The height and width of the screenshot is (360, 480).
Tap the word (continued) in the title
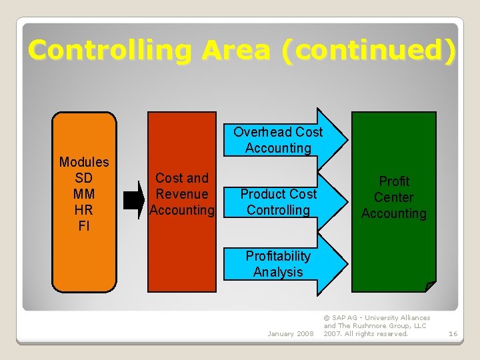(x=368, y=50)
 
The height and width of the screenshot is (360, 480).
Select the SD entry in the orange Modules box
(x=84, y=178)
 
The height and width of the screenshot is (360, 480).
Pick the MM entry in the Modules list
(x=84, y=194)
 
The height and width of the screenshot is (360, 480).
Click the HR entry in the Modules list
(x=84, y=210)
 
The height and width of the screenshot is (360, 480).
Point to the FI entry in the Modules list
(x=84, y=226)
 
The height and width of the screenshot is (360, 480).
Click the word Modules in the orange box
(x=84, y=162)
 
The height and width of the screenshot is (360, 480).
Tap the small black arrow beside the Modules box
(x=134, y=200)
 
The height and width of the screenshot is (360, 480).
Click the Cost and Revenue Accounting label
(x=182, y=194)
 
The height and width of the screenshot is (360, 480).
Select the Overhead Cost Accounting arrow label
(x=278, y=140)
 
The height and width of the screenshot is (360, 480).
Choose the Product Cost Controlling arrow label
(x=278, y=202)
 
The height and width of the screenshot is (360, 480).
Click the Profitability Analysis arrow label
(x=278, y=264)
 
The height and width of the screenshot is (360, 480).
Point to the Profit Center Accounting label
(x=393, y=197)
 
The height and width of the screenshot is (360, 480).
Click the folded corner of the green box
(x=430, y=287)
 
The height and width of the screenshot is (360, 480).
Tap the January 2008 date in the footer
(x=290, y=333)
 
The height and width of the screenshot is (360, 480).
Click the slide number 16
(x=453, y=333)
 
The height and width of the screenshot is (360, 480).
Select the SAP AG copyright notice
(x=377, y=326)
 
